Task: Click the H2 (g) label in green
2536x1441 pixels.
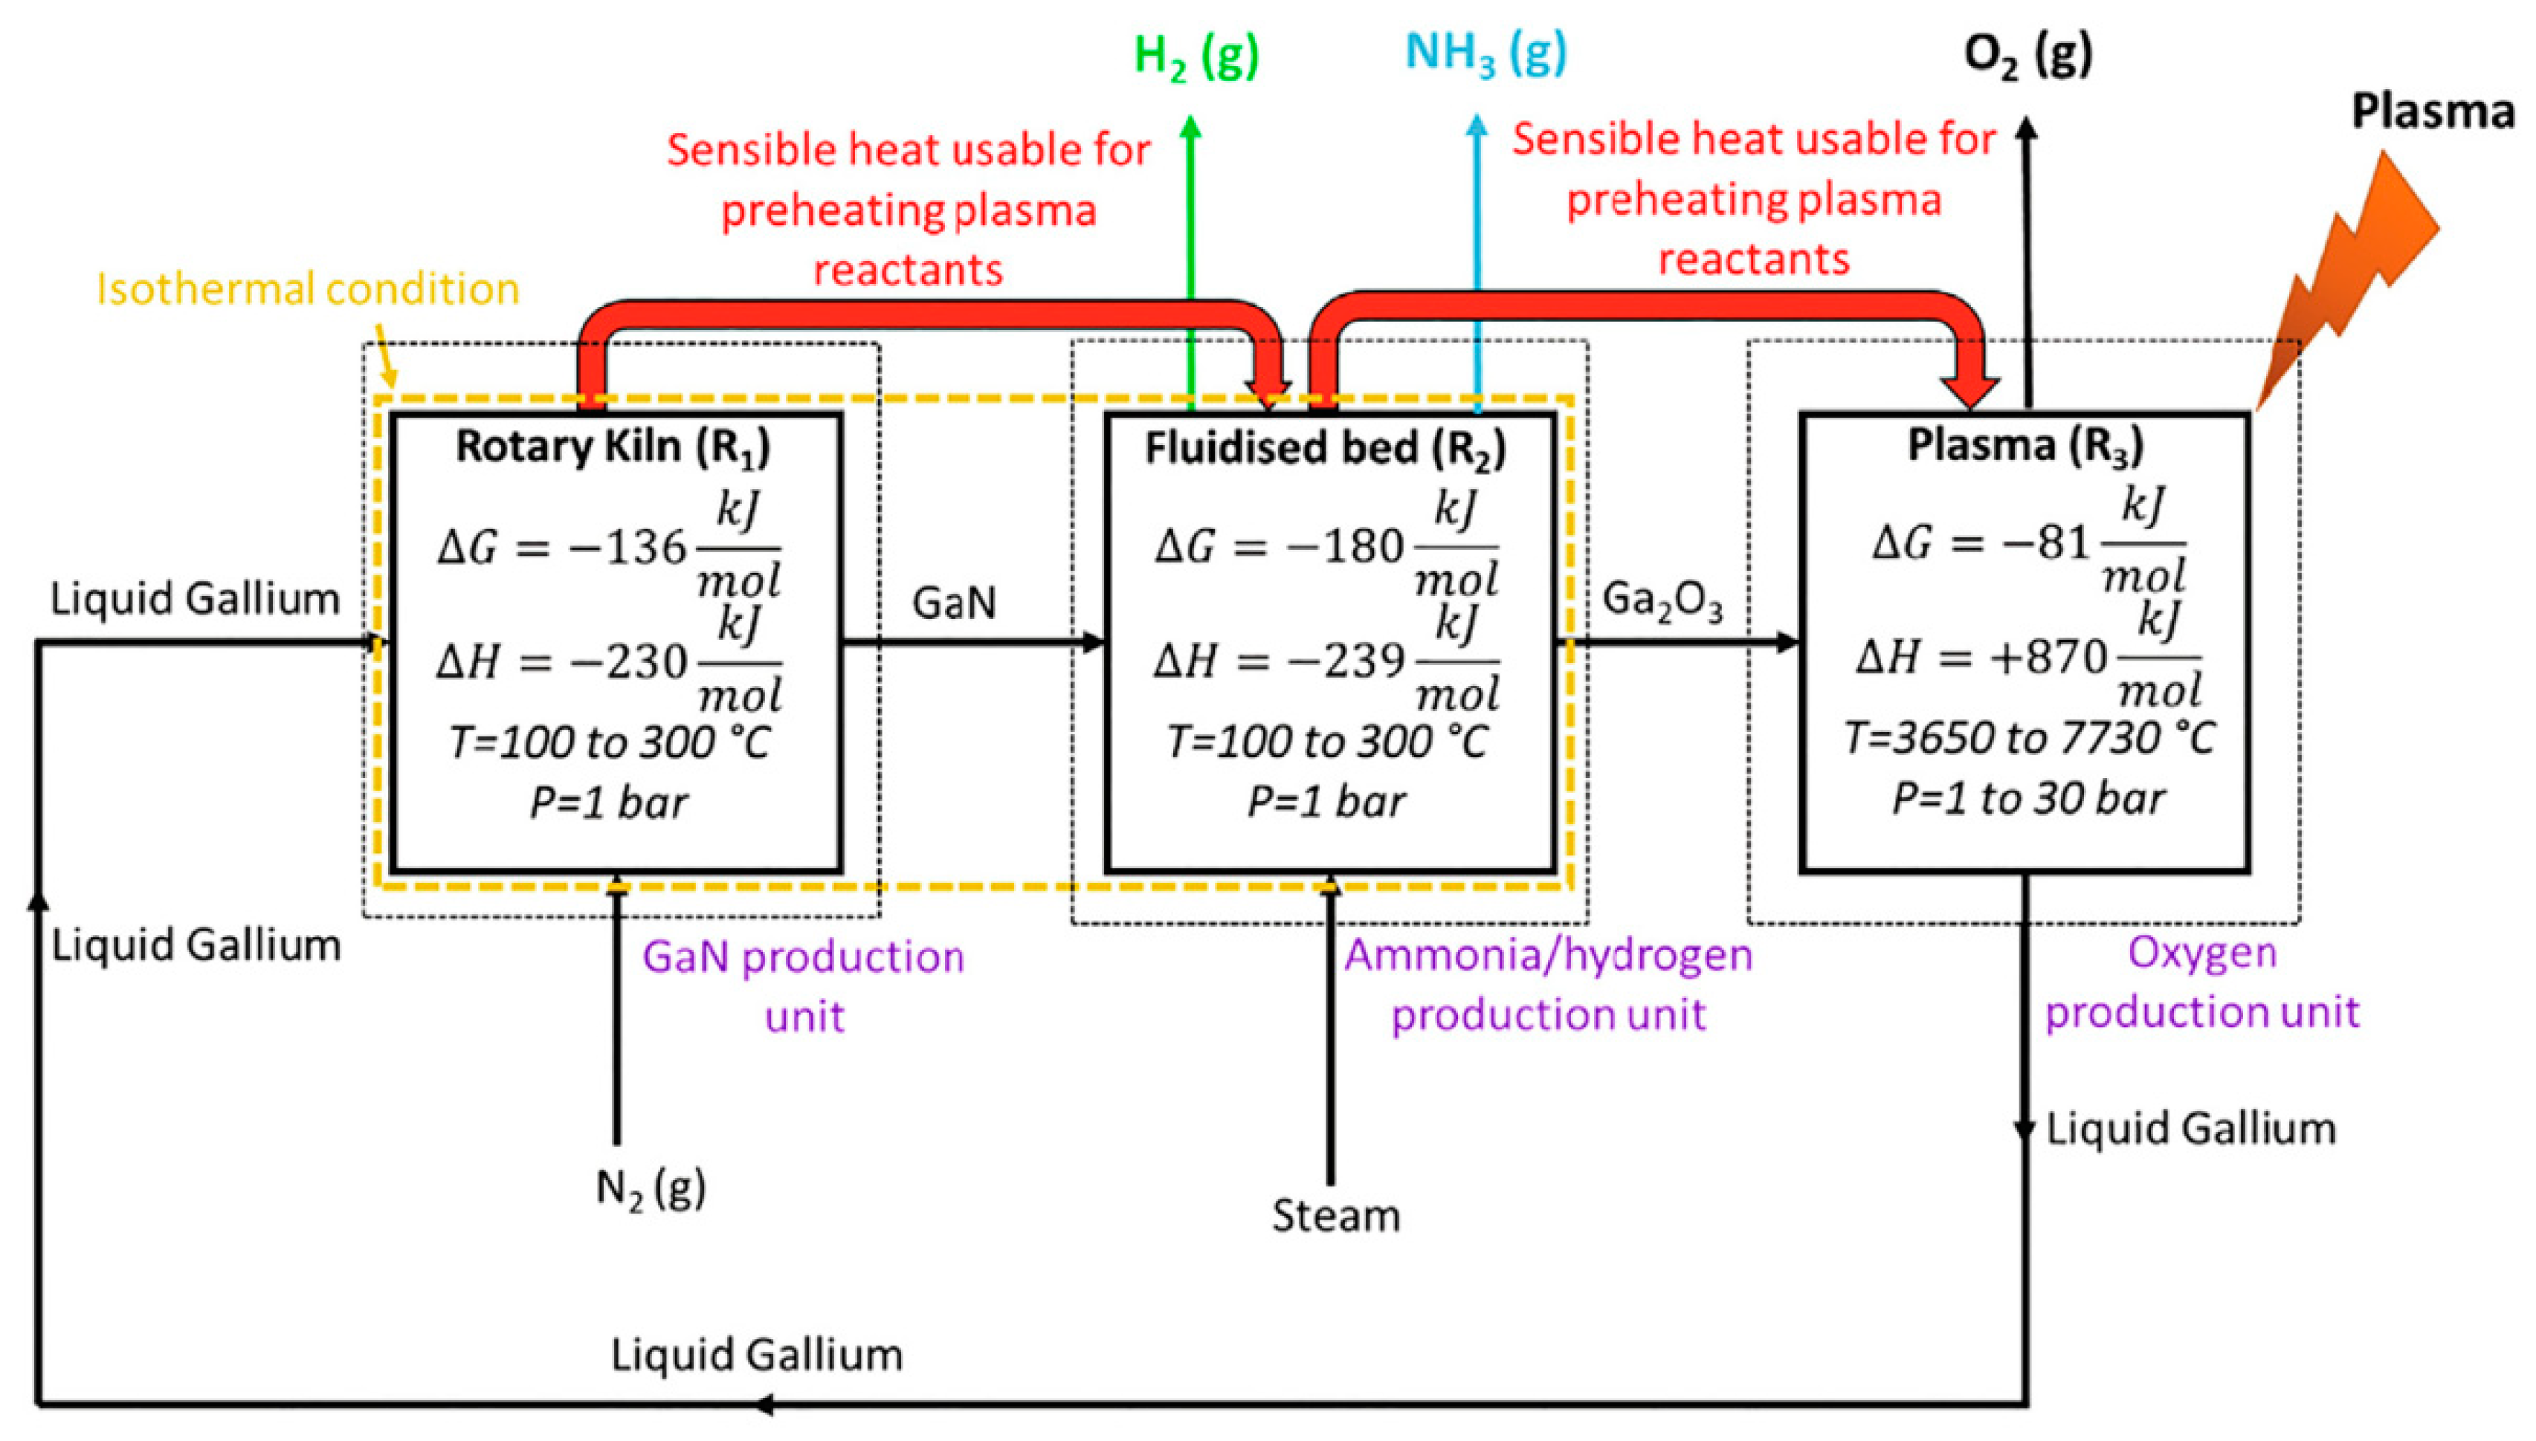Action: (x=1195, y=56)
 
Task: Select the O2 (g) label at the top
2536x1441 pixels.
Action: (x=2026, y=56)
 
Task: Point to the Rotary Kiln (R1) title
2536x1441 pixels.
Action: (x=612, y=448)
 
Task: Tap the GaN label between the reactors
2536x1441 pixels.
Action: (x=953, y=603)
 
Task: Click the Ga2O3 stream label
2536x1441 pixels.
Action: (x=1662, y=600)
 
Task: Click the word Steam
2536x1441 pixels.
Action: (x=1335, y=1215)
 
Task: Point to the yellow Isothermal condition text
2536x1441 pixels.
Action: (x=307, y=289)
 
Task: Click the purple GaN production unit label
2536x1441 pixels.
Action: (x=803, y=985)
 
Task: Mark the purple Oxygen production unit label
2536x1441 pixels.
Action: (x=2201, y=982)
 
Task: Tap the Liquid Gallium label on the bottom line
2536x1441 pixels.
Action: (x=756, y=1355)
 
